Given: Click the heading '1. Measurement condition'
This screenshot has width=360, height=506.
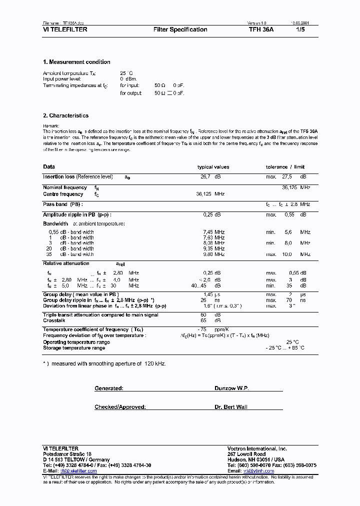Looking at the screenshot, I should [76, 62].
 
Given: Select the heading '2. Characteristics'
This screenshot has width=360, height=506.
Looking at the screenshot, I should [65, 115].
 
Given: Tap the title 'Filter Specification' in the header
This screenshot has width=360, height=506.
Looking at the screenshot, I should [180, 29].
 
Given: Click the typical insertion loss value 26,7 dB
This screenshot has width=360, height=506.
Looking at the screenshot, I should [210, 177].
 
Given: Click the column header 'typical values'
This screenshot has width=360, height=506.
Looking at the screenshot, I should [213, 167].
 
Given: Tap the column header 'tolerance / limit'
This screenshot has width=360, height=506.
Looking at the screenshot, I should [285, 167].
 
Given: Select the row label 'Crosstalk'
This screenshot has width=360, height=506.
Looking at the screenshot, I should [54, 320].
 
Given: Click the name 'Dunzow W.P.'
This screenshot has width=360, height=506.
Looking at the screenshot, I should [231, 388].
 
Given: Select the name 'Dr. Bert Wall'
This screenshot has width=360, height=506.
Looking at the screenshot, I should [231, 407].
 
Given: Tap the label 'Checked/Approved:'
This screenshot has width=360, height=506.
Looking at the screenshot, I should [120, 407].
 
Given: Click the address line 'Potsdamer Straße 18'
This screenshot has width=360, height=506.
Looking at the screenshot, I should [67, 454].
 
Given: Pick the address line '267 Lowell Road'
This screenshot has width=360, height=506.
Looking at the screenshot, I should [246, 454].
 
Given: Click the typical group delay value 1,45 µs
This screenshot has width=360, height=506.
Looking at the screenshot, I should [211, 294].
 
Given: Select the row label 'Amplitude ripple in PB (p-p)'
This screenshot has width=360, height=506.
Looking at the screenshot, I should [79, 214].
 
